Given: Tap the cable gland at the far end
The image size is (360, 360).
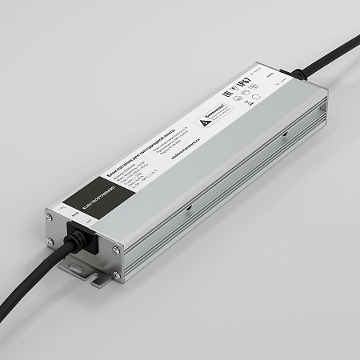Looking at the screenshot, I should point(297,75).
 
